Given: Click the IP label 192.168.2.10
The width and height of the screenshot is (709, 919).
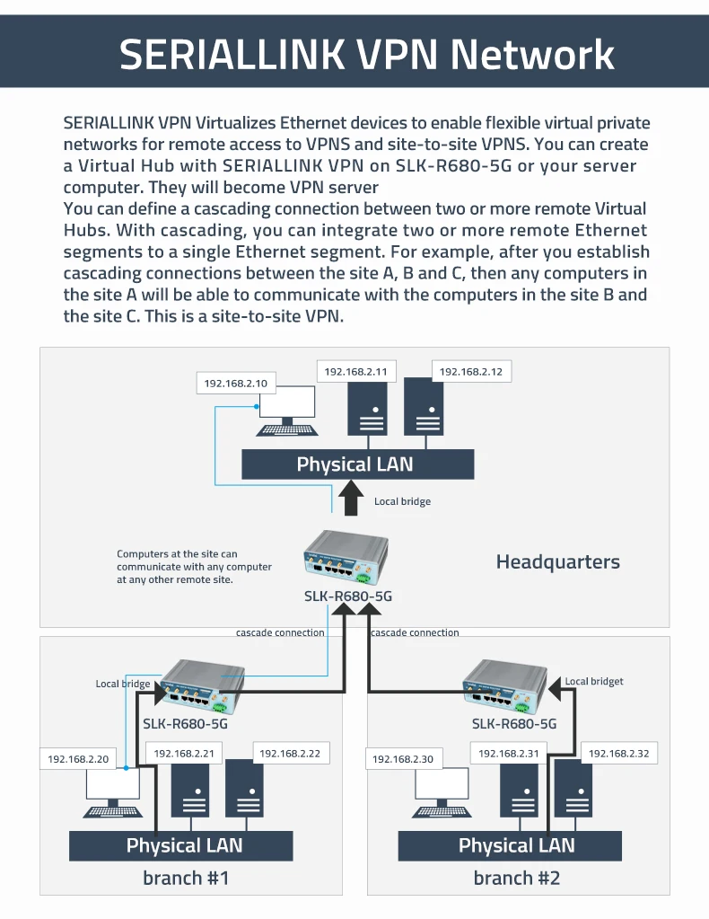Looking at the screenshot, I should (236, 384).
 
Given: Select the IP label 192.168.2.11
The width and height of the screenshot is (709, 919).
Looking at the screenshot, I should (355, 372).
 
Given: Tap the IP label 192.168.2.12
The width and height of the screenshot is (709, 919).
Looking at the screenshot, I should (471, 372).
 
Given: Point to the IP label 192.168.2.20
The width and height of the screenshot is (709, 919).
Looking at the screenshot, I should (78, 759).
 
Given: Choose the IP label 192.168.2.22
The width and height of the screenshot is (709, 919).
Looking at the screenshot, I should (288, 754).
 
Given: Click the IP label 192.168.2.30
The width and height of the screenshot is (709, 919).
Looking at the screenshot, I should (403, 759).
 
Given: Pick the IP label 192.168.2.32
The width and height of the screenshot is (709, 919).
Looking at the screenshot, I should (618, 754).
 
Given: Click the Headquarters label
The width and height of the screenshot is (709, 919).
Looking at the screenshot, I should (557, 562).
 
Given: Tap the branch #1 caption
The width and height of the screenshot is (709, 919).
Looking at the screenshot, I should (186, 878).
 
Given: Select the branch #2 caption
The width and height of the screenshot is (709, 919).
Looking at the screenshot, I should (517, 878).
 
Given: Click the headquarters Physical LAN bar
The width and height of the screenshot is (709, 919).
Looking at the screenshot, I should (357, 464).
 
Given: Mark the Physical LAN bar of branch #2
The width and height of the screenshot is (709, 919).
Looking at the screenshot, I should (510, 845).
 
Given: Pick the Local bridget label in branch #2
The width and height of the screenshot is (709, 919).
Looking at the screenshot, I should (593, 682).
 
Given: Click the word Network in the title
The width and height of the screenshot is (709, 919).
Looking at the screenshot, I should (531, 54).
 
